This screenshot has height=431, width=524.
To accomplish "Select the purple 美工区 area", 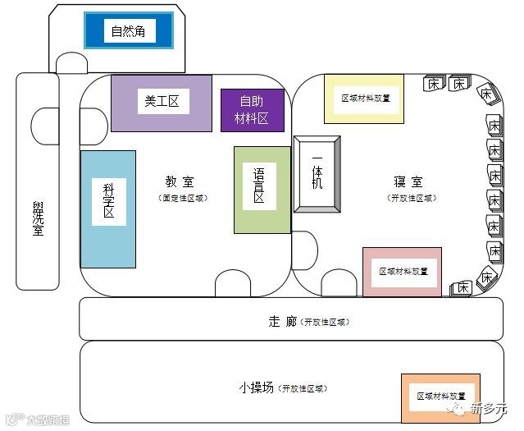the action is coord(161,103).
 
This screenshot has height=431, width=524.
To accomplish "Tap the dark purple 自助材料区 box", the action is coord(253,110).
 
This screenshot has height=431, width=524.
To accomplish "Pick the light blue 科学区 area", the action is coord(108,209).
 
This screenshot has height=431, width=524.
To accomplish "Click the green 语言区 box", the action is coord(262,190).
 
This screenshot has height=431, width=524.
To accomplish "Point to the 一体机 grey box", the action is coord(317,174).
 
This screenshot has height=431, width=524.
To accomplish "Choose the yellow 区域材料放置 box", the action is coord(364,99).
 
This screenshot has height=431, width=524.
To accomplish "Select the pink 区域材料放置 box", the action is coord(402,271).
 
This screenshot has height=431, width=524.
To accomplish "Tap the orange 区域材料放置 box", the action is coord(440,396).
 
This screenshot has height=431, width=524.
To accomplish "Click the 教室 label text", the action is coord(180,182).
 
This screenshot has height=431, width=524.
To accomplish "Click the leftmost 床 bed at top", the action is coord(433,84).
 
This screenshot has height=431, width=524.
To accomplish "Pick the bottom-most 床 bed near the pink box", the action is coord(463,287).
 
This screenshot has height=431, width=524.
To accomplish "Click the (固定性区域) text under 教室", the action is coord(183,199).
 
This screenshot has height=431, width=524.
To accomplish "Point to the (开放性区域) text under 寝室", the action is coord(412,199).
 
